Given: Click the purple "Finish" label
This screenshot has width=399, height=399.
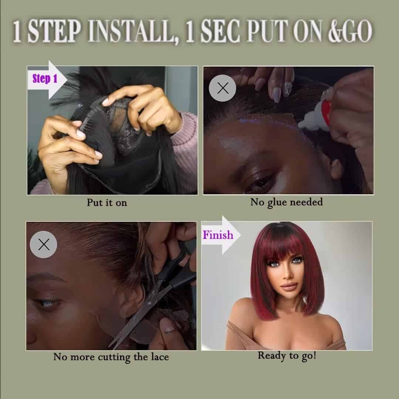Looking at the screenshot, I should pyautogui.click(x=218, y=235).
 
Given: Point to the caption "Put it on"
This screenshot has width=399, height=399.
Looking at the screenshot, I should pyautogui.click(x=107, y=202).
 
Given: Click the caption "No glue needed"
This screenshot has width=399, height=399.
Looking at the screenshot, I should pyautogui.click(x=286, y=202).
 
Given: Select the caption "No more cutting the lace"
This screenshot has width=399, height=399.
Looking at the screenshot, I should pyautogui.click(x=111, y=357).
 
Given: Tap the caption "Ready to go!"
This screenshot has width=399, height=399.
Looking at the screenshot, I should pyautogui.click(x=287, y=356).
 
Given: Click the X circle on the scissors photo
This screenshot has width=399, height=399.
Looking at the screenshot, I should pyautogui.click(x=44, y=245).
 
